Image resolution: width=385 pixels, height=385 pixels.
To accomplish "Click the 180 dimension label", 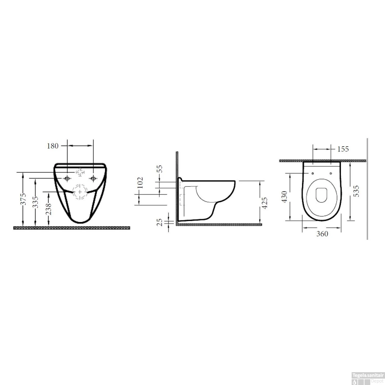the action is tap(53, 146).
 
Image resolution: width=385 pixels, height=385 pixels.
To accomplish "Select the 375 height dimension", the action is tap(23, 199).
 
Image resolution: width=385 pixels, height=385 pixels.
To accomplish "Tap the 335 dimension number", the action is tap(35, 202).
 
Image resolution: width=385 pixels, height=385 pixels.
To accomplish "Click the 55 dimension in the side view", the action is tap(159, 169).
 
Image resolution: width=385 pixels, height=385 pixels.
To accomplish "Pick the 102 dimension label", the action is tap(140, 182).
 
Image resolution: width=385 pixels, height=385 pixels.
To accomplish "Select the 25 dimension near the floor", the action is tap(159, 222).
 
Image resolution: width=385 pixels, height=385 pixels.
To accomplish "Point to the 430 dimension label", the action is tap(284, 197).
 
